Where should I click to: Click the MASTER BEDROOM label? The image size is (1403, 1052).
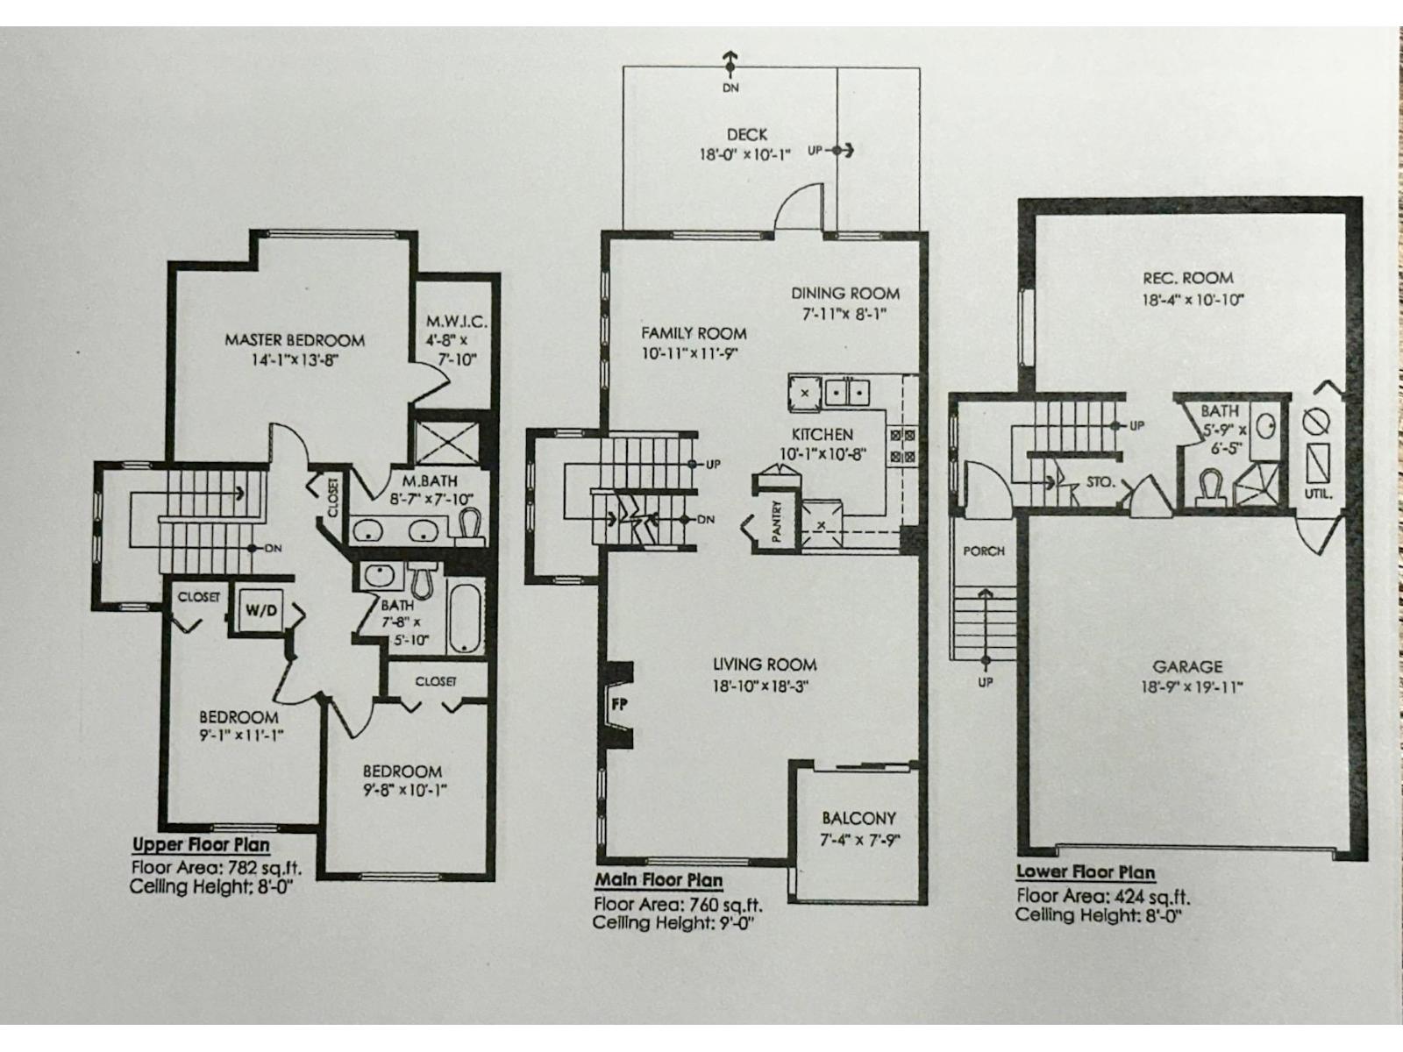[294, 340]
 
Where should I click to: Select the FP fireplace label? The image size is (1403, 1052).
[618, 702]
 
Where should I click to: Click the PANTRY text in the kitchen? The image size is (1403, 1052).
[777, 521]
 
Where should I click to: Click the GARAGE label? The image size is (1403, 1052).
[1187, 667]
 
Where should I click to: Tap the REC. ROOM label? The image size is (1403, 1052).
[1187, 278]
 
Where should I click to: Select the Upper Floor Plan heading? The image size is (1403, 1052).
[201, 845]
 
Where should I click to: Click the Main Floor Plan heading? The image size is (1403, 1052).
[659, 880]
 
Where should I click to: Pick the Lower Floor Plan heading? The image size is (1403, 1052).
[1085, 872]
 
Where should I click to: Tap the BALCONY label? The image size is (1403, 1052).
[858, 818]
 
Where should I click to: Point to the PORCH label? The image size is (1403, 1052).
[984, 551]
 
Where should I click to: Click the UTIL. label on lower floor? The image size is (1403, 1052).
[1318, 494]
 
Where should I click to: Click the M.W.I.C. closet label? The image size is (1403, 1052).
[456, 322]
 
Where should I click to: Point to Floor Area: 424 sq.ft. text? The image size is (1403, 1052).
[1102, 896]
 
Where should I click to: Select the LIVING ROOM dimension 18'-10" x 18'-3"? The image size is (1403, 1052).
[759, 686]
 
